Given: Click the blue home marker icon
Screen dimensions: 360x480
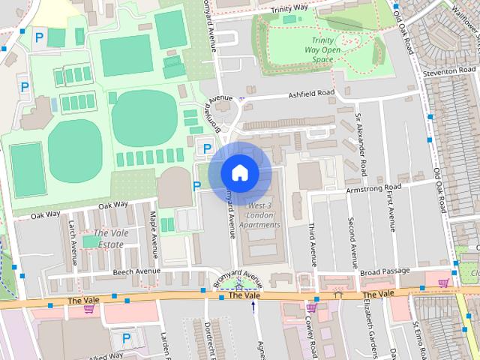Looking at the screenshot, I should [x=239, y=172].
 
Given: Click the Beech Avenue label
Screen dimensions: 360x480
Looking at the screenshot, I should [x=138, y=271].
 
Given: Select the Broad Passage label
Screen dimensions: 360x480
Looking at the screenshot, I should [x=385, y=271].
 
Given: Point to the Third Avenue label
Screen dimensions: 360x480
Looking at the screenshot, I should [x=310, y=241].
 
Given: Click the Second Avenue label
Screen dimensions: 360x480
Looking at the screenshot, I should [x=351, y=241].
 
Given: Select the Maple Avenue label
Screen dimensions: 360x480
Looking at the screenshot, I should [x=154, y=232].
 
